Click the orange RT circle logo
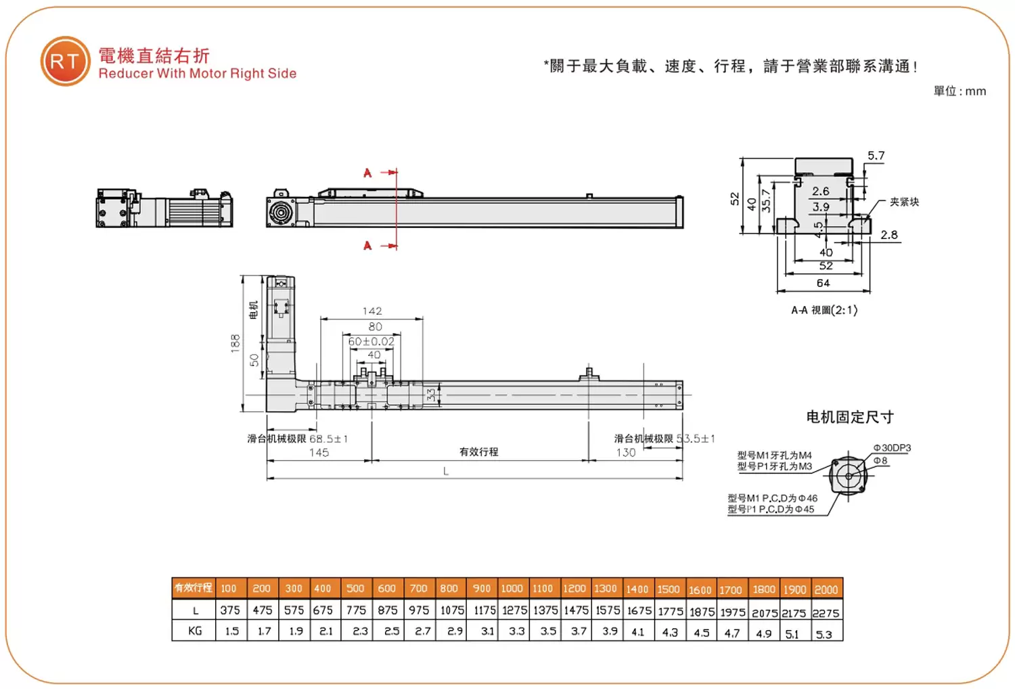[x=65, y=62]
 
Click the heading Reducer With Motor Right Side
[x=197, y=74]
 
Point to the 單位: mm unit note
[x=960, y=91]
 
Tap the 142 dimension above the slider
[x=372, y=311]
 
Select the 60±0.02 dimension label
[x=371, y=342]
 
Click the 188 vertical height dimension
[x=235, y=342]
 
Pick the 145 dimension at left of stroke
[x=319, y=453]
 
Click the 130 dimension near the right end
[x=626, y=453]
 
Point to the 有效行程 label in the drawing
[x=478, y=451]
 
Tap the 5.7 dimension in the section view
[x=876, y=156]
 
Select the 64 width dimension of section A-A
[x=823, y=283]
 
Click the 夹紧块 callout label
[x=904, y=202]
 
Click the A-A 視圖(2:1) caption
[x=824, y=310]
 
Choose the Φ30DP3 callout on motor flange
[x=892, y=448]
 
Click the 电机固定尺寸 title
[x=850, y=417]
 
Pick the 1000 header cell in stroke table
[x=512, y=589]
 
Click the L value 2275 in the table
[x=826, y=613]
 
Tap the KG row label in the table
[x=195, y=631]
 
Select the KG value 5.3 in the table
[x=824, y=634]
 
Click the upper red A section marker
[x=367, y=173]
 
